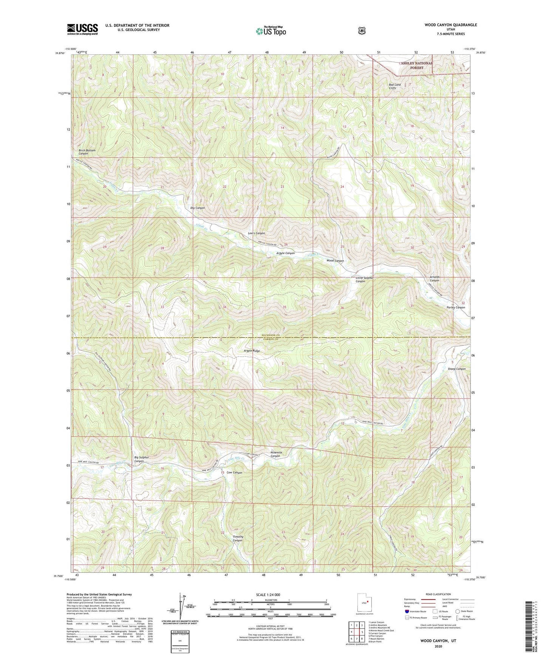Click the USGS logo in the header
click(x=82, y=29)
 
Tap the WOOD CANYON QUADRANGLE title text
click(x=450, y=25)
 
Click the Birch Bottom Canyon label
click(x=87, y=152)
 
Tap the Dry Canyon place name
click(x=197, y=208)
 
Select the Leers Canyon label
click(x=256, y=233)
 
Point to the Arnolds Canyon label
click(x=435, y=279)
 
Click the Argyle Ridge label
click(x=252, y=351)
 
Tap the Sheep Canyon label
click(x=456, y=369)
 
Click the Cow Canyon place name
click(x=234, y=473)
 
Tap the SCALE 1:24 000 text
click(x=268, y=595)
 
